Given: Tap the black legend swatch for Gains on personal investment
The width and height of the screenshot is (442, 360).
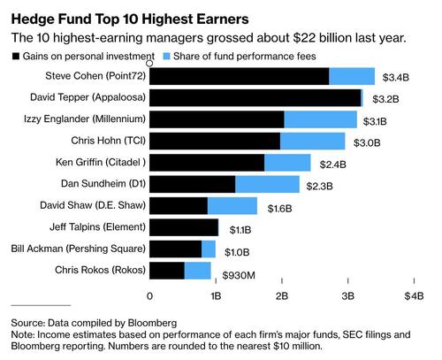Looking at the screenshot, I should [x=12, y=57].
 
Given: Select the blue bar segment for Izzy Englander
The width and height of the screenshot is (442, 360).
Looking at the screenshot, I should [x=320, y=119].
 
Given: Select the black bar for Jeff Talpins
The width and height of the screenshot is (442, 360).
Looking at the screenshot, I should [x=184, y=227].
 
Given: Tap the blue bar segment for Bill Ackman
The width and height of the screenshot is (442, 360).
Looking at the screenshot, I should [x=209, y=249].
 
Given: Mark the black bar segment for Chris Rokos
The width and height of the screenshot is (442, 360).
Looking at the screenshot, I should [x=167, y=271].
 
